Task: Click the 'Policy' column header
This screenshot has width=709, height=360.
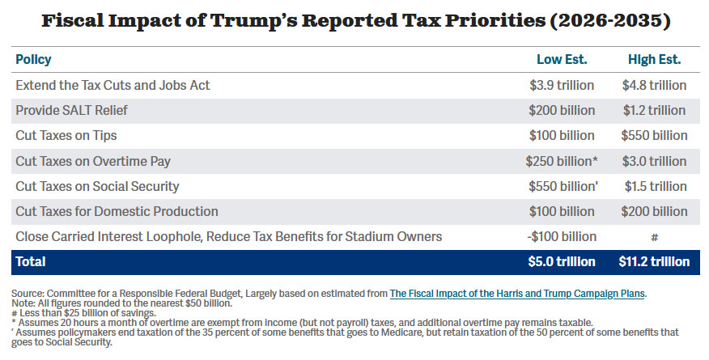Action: click(33, 60)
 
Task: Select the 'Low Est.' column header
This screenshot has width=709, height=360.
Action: click(562, 60)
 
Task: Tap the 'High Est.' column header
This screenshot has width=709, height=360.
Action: click(655, 60)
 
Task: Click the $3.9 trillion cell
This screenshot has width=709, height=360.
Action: click(562, 85)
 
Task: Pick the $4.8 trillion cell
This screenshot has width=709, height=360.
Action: click(655, 85)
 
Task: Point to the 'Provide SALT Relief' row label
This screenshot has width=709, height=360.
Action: click(71, 110)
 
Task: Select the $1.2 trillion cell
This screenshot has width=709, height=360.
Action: click(655, 110)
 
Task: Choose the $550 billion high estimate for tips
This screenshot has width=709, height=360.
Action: click(655, 135)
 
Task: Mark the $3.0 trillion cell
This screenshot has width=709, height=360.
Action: click(655, 161)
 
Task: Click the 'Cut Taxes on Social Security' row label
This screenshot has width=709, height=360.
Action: click(97, 186)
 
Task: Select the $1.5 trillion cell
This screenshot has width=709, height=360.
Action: click(655, 186)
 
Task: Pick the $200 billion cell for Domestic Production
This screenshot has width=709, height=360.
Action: click(655, 211)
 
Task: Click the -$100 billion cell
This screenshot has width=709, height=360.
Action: click(560, 236)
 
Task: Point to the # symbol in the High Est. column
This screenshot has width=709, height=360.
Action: click(655, 237)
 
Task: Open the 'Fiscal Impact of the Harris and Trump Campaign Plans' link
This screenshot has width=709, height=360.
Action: click(517, 293)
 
